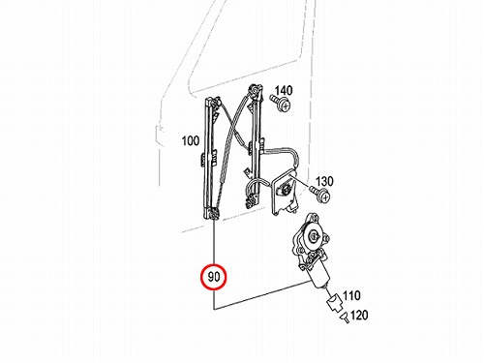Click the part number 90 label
click(x=214, y=277)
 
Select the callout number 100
click(x=191, y=141)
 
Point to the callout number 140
click(x=284, y=90)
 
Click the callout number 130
click(x=324, y=181)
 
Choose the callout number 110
click(x=351, y=295)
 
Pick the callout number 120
click(x=359, y=315)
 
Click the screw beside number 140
click(x=281, y=103)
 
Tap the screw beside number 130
click(x=320, y=194)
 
